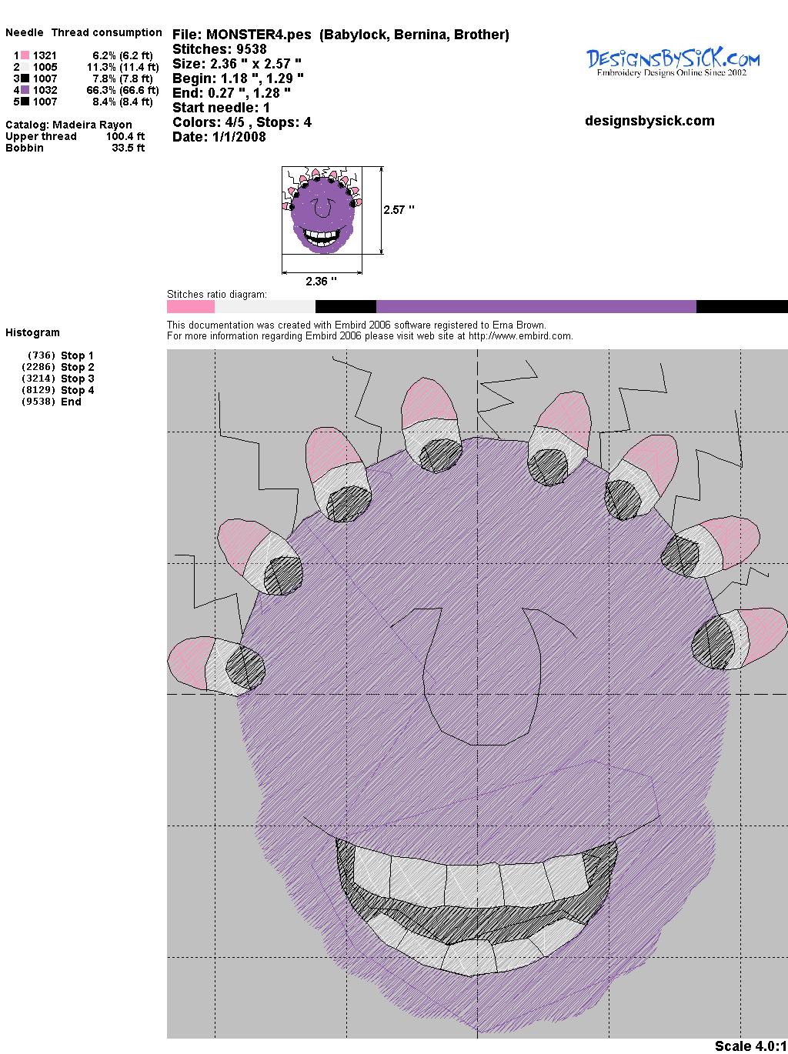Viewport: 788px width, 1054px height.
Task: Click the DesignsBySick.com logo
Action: click(673, 63)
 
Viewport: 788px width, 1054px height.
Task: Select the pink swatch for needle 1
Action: click(25, 55)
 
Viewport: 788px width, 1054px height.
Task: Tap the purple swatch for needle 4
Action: click(25, 90)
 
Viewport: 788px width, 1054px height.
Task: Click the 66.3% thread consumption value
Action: click(101, 90)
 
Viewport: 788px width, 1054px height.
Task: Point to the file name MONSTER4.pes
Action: click(259, 35)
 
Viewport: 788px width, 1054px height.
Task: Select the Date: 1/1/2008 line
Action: click(219, 137)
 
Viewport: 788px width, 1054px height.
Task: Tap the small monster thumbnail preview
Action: click(322, 210)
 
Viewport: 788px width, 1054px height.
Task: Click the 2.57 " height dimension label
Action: click(399, 210)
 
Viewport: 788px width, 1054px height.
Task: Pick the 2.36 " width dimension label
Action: click(321, 281)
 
